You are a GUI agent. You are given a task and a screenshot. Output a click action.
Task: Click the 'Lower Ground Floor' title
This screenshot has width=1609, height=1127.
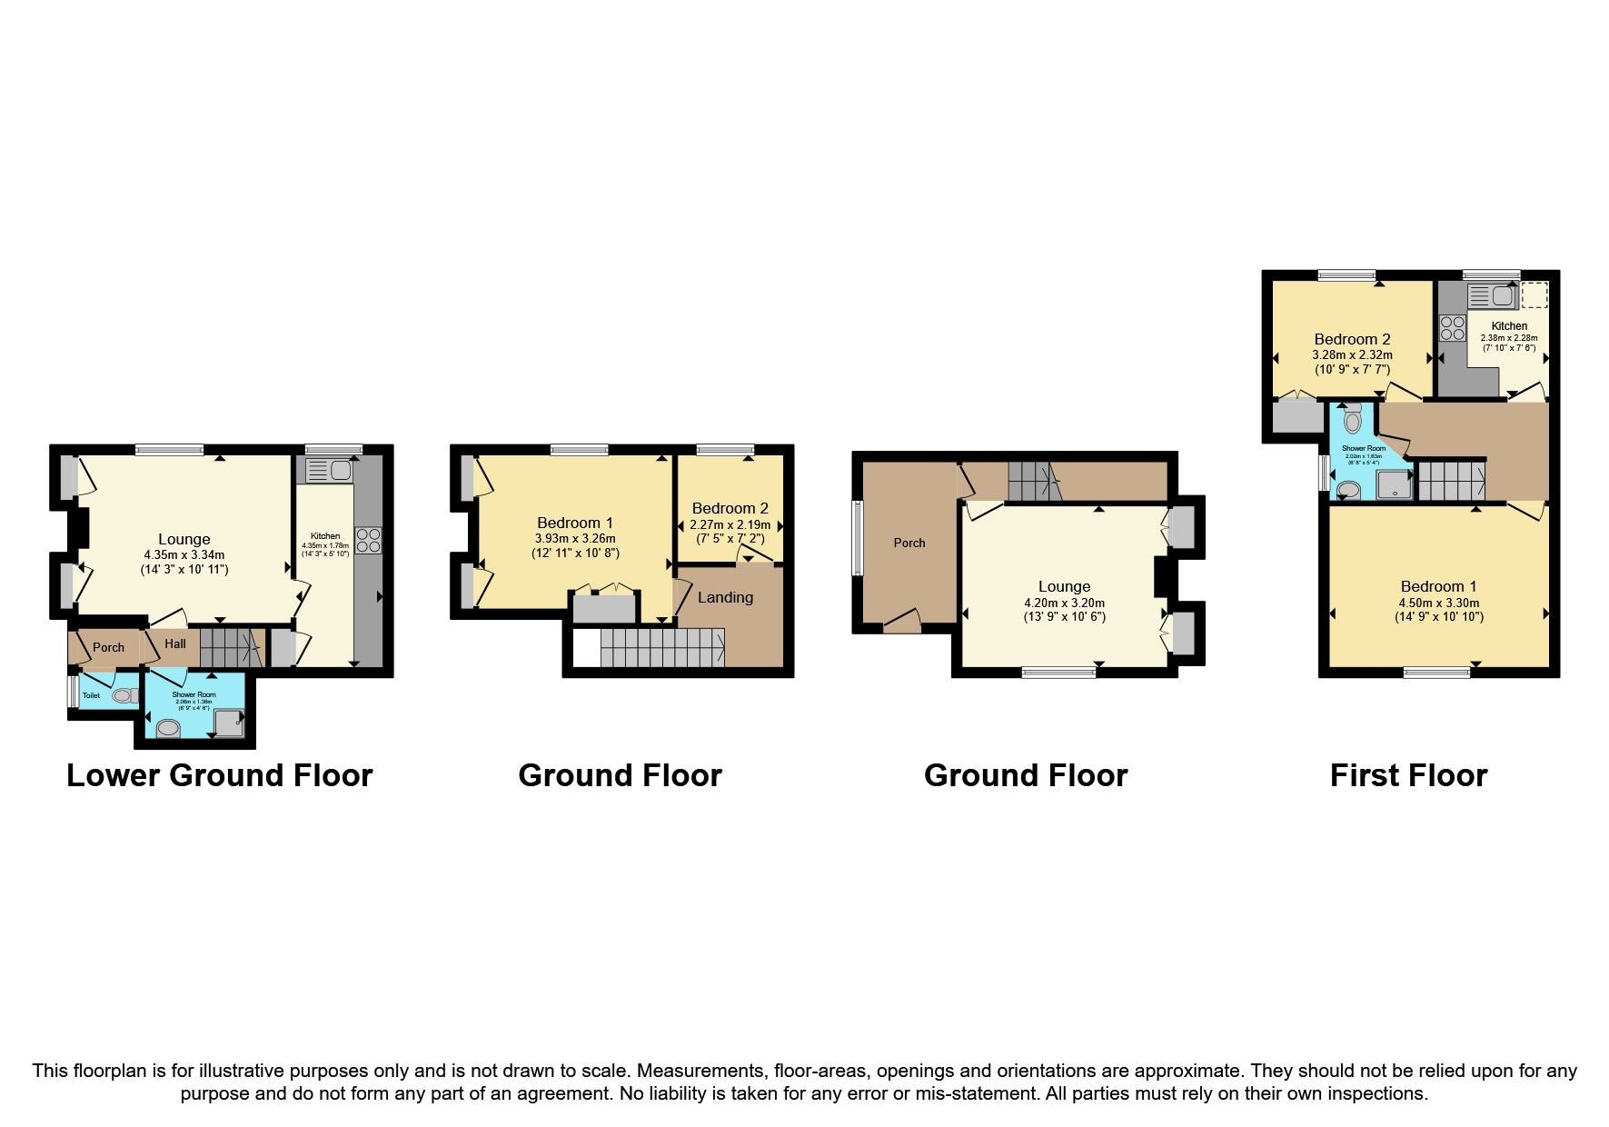(219, 775)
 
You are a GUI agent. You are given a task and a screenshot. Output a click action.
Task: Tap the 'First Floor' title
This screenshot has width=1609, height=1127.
(1408, 775)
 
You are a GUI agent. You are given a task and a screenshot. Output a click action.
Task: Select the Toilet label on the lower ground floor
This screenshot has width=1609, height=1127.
(91, 695)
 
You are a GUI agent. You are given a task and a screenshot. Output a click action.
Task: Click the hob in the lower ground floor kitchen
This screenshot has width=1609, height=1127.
(368, 541)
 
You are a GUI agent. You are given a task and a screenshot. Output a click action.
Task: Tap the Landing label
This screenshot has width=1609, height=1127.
(725, 597)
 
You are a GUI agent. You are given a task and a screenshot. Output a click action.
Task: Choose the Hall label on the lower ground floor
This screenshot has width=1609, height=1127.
(175, 643)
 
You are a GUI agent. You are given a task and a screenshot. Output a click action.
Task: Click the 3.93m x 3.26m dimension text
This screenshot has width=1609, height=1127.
(575, 538)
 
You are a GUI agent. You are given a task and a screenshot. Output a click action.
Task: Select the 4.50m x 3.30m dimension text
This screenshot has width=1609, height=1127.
(1439, 602)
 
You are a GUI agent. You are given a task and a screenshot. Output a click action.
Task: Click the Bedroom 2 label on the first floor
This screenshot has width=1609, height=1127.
(1352, 339)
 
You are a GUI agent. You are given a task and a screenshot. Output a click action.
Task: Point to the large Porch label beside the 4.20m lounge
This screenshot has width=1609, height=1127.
(909, 543)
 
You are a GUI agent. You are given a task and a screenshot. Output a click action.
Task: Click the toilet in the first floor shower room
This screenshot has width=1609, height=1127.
(1353, 420)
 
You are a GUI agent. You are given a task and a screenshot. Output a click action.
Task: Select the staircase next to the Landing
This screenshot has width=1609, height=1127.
(661, 649)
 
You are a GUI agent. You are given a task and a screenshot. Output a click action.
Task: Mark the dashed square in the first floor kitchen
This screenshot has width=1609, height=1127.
(1534, 295)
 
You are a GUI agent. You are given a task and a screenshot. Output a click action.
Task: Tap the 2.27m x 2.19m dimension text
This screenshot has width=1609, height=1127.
(730, 524)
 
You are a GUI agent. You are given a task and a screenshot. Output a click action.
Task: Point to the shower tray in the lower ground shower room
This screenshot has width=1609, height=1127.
(228, 723)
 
